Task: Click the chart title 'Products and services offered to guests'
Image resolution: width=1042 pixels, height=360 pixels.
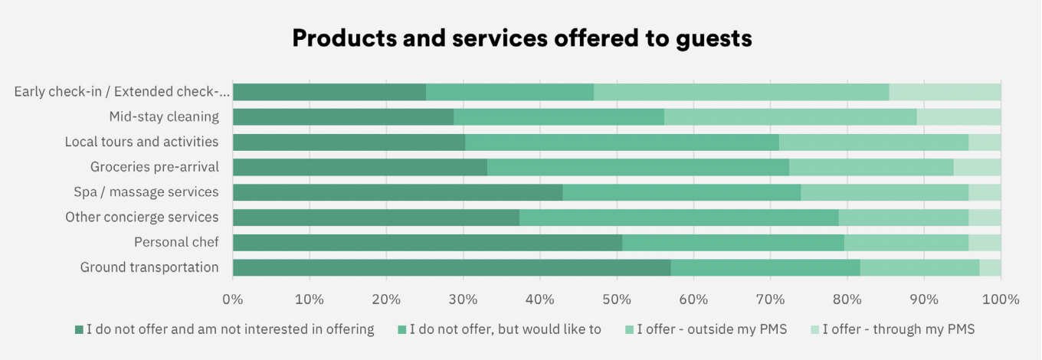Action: [x=521, y=38]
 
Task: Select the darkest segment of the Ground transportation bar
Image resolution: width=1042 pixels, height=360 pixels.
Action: [x=451, y=267]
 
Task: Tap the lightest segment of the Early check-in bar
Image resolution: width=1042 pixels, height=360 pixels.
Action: [x=945, y=92]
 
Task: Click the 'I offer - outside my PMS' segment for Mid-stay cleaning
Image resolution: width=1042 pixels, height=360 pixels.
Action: [x=790, y=117]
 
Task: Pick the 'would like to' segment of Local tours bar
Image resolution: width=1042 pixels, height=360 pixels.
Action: [x=621, y=142]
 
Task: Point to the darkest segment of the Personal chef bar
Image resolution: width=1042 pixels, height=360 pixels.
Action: [x=427, y=243]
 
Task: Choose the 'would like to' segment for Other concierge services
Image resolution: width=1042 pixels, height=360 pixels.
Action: [x=679, y=218]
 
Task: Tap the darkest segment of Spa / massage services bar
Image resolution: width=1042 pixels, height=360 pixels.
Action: [x=397, y=192]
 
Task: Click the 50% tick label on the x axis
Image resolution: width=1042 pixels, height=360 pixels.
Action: [x=617, y=299]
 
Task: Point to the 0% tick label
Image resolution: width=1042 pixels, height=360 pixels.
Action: [x=232, y=299]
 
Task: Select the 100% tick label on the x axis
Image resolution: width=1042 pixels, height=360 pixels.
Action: [x=1001, y=299]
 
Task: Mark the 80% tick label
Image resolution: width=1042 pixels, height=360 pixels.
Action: [x=847, y=299]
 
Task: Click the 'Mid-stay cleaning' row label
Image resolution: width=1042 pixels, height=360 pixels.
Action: [x=163, y=117]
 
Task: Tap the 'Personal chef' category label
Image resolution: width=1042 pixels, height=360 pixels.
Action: [x=176, y=243]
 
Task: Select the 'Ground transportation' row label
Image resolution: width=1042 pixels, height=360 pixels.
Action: [x=149, y=267]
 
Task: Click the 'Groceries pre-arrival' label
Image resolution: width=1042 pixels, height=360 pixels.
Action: [x=154, y=167]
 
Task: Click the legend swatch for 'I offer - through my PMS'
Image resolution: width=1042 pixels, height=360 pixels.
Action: [x=814, y=330]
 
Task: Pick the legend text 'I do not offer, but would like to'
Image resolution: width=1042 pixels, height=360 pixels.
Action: [x=505, y=330]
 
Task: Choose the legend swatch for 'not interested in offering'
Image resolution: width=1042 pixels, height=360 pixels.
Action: [x=78, y=330]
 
